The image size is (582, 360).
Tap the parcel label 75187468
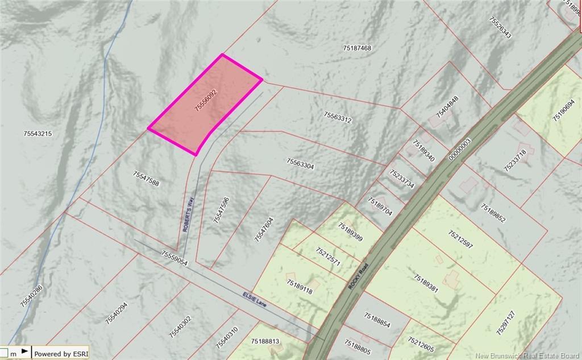357,48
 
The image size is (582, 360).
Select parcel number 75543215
38,134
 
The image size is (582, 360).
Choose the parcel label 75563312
338,117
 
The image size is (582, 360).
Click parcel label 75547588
145,179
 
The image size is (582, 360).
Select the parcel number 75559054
174,259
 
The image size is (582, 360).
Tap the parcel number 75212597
460,241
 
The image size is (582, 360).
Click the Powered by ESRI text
60,354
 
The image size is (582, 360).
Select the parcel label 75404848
447,106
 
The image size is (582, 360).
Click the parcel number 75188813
265,341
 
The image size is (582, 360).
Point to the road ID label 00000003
460,149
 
